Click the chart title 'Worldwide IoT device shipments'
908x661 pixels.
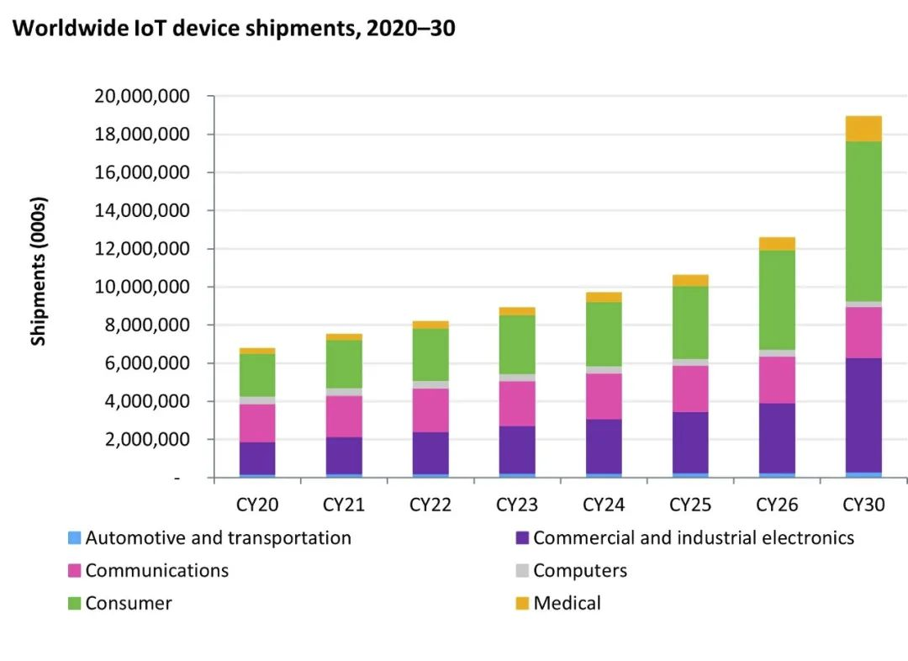click(x=235, y=29)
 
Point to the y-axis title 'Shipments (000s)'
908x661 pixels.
click(x=39, y=271)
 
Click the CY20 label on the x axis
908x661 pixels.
click(x=257, y=505)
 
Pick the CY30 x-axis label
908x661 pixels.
click(x=863, y=505)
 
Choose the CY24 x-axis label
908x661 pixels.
click(x=604, y=505)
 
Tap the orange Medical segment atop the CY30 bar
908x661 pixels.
click(x=863, y=129)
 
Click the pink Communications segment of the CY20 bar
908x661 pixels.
click(x=257, y=423)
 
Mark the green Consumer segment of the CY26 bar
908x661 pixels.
click(x=777, y=300)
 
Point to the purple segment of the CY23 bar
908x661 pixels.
click(x=517, y=450)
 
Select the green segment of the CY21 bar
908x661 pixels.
click(x=344, y=364)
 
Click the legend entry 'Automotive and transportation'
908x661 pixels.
click(x=218, y=538)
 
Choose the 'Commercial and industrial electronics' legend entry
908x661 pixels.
click(x=693, y=538)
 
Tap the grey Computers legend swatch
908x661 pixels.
click(x=522, y=571)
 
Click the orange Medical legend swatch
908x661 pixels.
click(x=522, y=603)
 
